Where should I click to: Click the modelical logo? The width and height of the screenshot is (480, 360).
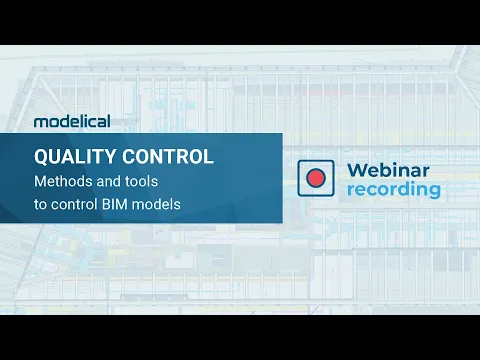72,121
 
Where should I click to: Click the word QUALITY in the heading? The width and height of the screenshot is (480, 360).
75,157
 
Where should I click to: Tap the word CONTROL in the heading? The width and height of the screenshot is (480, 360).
168,156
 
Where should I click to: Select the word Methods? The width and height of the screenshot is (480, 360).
63,181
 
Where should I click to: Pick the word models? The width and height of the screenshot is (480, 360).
156,204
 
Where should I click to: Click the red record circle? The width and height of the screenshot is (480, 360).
316,178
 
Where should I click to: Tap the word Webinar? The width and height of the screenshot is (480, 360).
388,170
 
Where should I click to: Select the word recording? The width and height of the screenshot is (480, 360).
394,190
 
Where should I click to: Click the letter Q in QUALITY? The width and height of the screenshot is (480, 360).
41,157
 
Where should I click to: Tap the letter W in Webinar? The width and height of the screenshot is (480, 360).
358,170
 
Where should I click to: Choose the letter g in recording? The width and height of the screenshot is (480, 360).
433,192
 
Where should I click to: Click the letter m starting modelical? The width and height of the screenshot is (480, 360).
41,122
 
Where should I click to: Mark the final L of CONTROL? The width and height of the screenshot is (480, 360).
209,157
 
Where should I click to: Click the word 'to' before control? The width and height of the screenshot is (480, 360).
40,205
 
